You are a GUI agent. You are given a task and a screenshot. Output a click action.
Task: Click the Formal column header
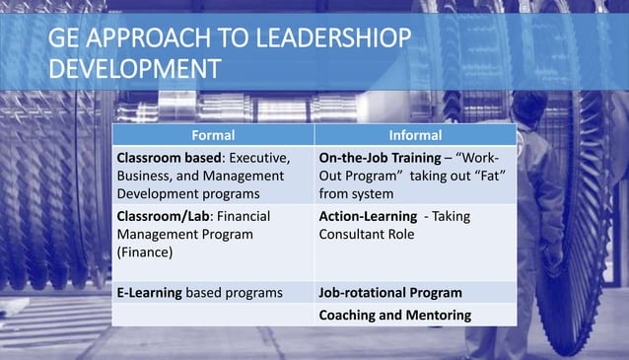tap(213, 135)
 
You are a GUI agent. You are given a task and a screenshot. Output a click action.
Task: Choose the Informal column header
tap(415, 135)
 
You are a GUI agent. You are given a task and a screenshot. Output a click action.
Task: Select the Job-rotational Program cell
tap(390, 293)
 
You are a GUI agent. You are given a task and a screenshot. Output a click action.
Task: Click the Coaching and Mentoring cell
tap(394, 316)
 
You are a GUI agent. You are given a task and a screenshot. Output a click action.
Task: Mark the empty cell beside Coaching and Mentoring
tap(213, 316)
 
